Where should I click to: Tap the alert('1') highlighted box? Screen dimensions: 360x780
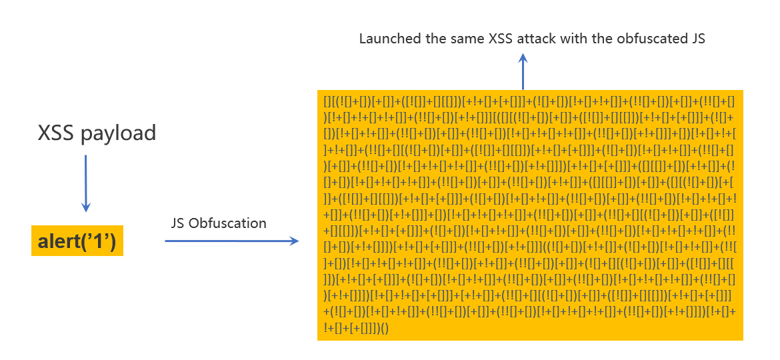[x=77, y=241]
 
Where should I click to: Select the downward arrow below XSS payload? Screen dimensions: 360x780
[x=86, y=183]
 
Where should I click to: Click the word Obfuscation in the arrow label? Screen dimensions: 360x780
[x=227, y=223]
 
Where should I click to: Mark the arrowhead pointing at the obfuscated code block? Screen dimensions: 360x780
[x=295, y=241]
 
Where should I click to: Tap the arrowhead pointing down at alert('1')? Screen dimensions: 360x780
[x=86, y=207]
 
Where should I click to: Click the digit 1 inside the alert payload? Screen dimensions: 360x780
[x=99, y=241]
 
